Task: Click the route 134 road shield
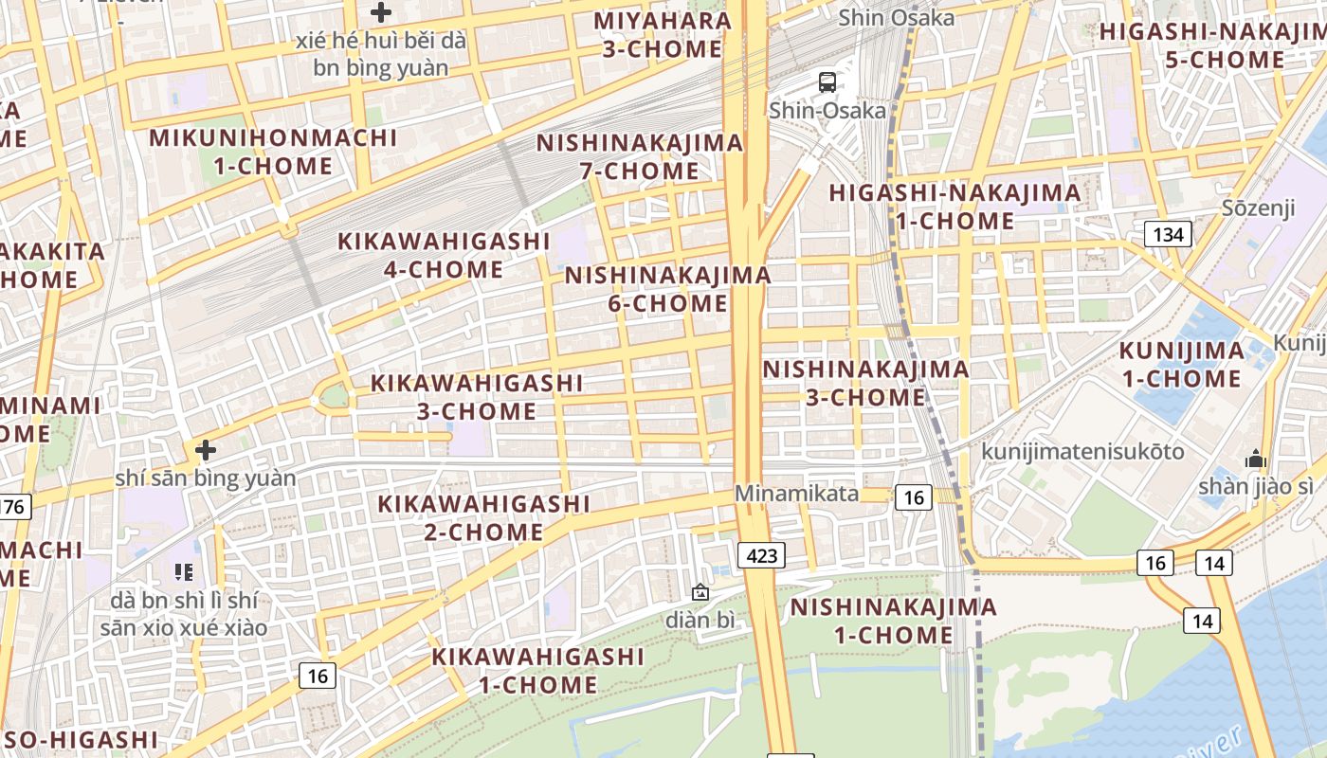pos(1168,234)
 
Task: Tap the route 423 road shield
pos(761,555)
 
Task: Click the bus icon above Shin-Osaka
pos(827,82)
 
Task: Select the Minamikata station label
pos(797,494)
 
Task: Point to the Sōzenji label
pos(1258,208)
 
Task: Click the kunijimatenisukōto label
pos(1082,451)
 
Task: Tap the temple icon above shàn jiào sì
pos(1256,460)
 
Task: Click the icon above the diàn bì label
pos(700,593)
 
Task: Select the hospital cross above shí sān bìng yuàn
pos(206,450)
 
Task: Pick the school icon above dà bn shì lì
pos(184,571)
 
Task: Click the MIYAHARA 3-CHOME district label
pos(663,35)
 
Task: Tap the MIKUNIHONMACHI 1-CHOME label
pos(273,152)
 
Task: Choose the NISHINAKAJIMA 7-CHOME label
pos(640,157)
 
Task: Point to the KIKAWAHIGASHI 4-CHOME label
pos(444,255)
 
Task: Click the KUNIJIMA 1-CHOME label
pos(1181,365)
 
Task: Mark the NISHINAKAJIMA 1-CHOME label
pos(893,621)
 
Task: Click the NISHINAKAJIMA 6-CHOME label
pos(668,290)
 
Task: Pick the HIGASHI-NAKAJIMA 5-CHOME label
pos(1210,45)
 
